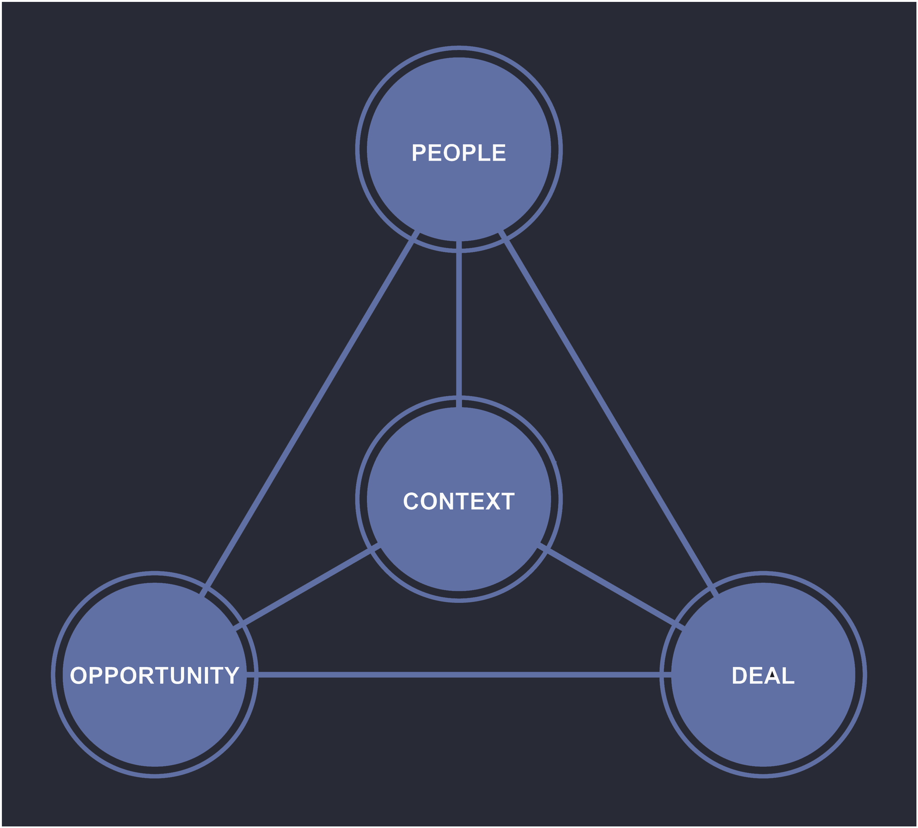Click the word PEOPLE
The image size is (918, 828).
click(x=459, y=153)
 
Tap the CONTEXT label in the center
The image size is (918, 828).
click(x=459, y=501)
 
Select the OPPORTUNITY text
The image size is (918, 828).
click(x=155, y=675)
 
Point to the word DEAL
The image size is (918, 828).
click(x=763, y=675)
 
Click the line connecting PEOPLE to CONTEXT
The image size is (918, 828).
click(x=459, y=323)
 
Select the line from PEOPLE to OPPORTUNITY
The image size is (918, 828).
click(x=310, y=414)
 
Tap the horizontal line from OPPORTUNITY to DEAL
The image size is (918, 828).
click(x=459, y=675)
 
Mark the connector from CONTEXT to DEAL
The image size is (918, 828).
click(x=610, y=587)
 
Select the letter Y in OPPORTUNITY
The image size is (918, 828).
click(x=231, y=675)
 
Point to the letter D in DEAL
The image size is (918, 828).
click(x=740, y=675)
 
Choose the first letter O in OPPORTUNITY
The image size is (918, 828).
click(x=78, y=675)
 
